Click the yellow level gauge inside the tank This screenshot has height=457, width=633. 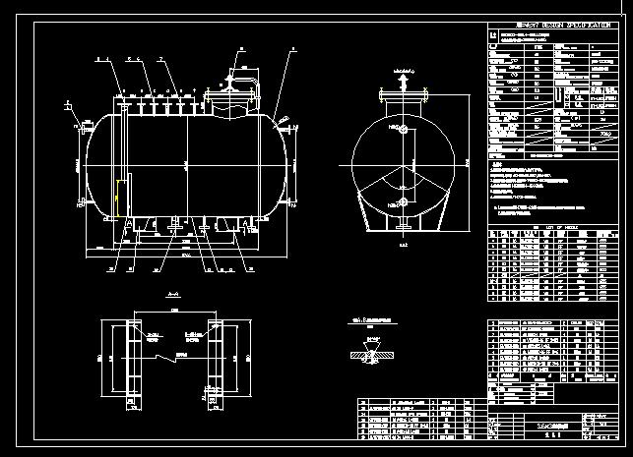119,198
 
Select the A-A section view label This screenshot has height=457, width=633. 174,294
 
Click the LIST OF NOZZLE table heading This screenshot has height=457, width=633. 546,226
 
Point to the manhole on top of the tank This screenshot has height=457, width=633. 229,95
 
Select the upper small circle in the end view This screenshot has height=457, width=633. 402,129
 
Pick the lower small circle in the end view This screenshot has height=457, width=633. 402,201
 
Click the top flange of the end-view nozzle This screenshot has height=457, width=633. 402,93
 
